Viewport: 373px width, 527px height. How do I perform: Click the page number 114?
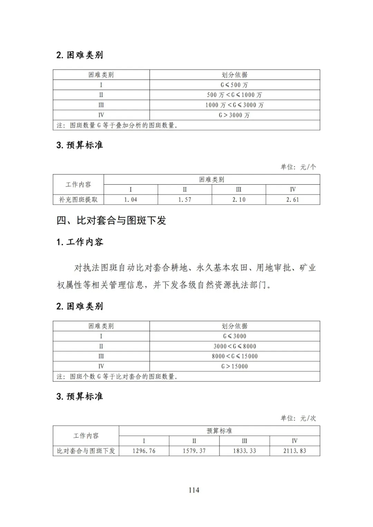click(x=194, y=490)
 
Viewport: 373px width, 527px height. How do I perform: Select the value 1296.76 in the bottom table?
click(x=144, y=451)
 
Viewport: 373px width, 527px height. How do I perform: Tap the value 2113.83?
click(x=295, y=451)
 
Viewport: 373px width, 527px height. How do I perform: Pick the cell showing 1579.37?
click(x=194, y=451)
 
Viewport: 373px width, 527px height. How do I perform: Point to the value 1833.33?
click(x=245, y=451)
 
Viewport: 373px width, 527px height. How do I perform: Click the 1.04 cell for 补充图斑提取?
click(x=131, y=199)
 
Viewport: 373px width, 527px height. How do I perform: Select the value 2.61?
click(x=293, y=199)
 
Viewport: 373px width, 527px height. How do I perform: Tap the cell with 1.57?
click(x=185, y=199)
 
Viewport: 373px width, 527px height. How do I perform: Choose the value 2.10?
click(x=239, y=199)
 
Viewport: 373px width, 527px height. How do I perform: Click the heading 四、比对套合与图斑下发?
click(x=111, y=220)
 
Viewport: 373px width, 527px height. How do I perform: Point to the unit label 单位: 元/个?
click(x=298, y=167)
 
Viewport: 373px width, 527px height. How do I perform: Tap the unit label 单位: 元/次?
click(x=298, y=418)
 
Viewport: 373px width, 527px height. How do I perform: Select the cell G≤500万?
click(x=235, y=85)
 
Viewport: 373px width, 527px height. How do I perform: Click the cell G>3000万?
click(x=235, y=115)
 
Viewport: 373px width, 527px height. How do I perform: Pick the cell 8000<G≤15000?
click(x=235, y=356)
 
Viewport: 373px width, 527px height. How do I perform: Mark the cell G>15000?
click(x=235, y=366)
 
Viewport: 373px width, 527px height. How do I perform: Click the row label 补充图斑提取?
click(x=78, y=199)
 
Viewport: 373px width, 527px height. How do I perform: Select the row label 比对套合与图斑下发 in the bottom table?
click(x=86, y=451)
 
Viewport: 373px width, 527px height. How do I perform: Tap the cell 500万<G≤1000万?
click(x=235, y=95)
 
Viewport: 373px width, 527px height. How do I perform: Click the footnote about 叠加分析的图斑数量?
click(x=117, y=125)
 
